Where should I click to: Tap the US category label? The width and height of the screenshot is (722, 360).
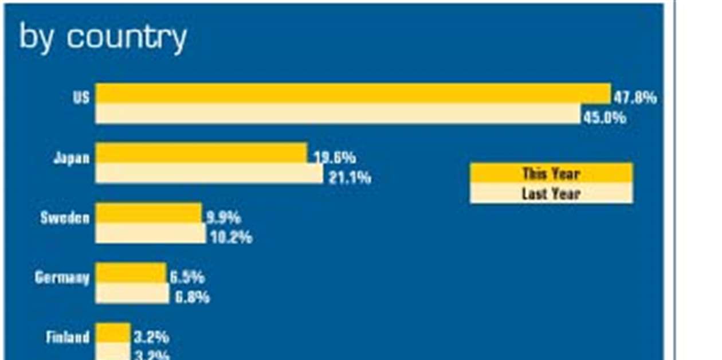click(x=81, y=97)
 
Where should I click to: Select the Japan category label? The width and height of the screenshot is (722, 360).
click(x=72, y=158)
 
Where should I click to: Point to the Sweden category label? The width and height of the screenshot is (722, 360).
click(x=65, y=218)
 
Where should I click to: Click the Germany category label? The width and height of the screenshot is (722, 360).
click(x=62, y=278)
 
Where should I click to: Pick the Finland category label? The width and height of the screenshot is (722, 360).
click(x=68, y=337)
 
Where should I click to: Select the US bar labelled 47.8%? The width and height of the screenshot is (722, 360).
click(x=352, y=93)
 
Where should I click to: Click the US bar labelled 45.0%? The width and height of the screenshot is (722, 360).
click(x=338, y=114)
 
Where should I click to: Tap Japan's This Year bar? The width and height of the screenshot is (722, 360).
click(x=201, y=152)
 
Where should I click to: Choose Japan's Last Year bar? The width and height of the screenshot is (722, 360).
click(x=209, y=173)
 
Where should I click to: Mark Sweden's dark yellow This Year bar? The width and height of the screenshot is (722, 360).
click(x=148, y=213)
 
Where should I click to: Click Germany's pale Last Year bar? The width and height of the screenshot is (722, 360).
click(x=132, y=293)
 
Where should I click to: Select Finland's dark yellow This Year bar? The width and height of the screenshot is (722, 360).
click(x=113, y=332)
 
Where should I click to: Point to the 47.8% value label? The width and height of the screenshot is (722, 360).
click(x=635, y=97)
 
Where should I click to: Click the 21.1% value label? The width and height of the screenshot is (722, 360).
click(x=350, y=178)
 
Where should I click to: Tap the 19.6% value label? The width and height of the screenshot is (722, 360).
click(x=335, y=157)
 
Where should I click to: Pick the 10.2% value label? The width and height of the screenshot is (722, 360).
click(x=231, y=237)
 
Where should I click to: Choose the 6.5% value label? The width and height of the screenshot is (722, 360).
click(x=187, y=277)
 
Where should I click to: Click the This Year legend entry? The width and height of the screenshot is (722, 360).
click(x=551, y=173)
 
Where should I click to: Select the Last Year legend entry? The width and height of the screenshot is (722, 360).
click(x=551, y=194)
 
